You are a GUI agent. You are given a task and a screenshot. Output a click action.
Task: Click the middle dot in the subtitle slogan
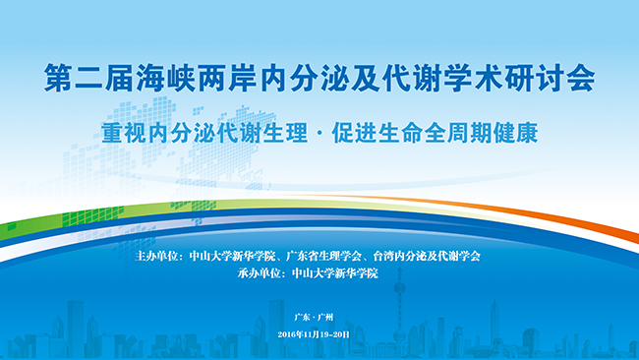319,134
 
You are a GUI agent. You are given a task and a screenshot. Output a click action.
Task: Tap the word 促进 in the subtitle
354,133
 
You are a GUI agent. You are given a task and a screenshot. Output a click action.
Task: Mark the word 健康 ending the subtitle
515,133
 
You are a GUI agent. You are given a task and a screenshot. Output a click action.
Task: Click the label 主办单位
157,256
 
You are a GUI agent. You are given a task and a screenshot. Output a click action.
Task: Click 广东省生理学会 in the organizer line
324,256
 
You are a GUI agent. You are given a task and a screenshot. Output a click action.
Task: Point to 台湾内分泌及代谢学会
427,256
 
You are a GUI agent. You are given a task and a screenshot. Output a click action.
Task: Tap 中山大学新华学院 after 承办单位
335,273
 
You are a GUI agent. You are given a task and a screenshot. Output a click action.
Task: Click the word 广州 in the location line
326,317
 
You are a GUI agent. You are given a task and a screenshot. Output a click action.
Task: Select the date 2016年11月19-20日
314,334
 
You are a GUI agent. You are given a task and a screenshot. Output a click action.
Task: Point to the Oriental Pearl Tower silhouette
399,310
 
